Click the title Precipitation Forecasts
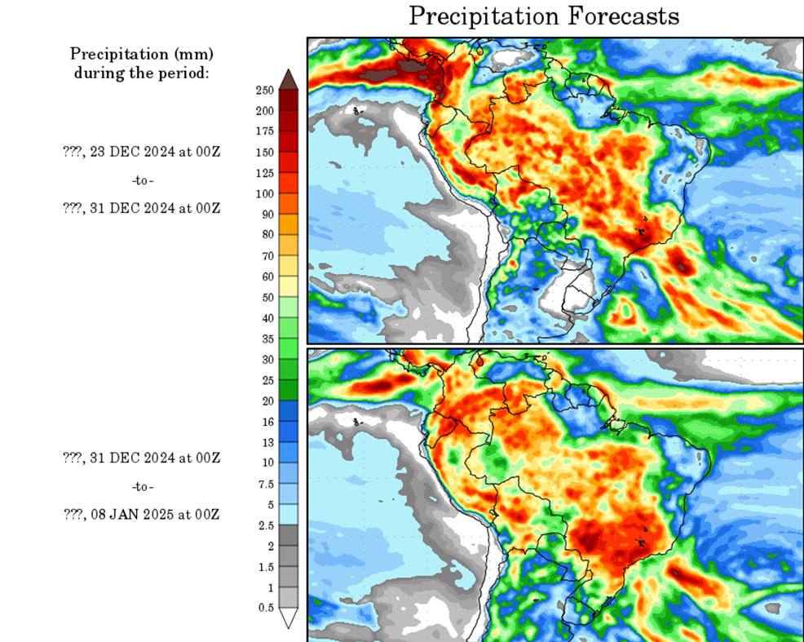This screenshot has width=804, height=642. pyautogui.click(x=543, y=16)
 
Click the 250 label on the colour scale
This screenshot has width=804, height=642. pyautogui.click(x=266, y=90)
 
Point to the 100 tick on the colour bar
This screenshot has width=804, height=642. pyautogui.click(x=266, y=193)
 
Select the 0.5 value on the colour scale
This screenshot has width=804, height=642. pyautogui.click(x=266, y=608)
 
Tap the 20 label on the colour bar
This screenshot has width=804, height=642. pyautogui.click(x=267, y=401)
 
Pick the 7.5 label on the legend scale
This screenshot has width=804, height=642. pyautogui.click(x=266, y=483)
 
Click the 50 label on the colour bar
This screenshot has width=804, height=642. pyautogui.click(x=267, y=297)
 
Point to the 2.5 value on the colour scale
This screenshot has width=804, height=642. pyautogui.click(x=266, y=525)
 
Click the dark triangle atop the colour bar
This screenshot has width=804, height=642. pyautogui.click(x=288, y=78)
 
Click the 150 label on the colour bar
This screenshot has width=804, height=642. pyautogui.click(x=266, y=152)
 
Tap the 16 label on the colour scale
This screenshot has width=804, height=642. pyautogui.click(x=267, y=421)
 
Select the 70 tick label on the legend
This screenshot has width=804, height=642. pyautogui.click(x=267, y=255)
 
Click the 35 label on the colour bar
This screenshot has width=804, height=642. pyautogui.click(x=267, y=339)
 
